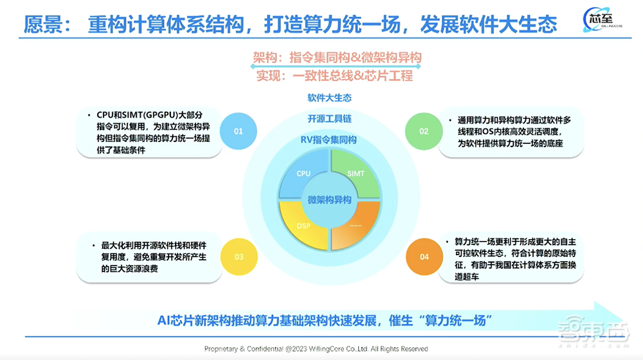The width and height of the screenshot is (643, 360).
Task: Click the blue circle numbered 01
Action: [239, 131]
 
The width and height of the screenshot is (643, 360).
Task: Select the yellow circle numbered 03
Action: [239, 256]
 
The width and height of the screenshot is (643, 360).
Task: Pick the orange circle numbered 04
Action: [424, 256]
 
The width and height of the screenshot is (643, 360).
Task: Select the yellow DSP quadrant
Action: [303, 226]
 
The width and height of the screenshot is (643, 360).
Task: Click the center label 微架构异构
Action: [329, 200]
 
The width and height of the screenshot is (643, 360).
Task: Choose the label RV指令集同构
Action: [329, 139]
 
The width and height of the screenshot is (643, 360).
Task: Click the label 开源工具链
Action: [329, 119]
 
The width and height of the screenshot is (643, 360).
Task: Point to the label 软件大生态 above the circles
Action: [329, 98]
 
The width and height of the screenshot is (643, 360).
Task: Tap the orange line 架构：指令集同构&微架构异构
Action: [338, 58]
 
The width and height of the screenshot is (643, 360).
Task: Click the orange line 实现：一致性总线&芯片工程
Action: [334, 75]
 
